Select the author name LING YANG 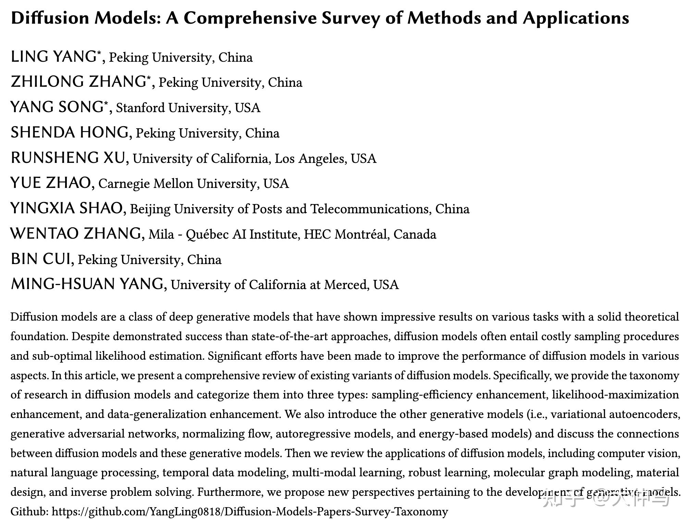coord(53,57)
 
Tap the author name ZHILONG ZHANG coord(78,82)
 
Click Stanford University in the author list coord(171,108)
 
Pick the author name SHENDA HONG coord(70,133)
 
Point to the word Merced coord(346,285)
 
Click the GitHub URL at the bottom coord(250,512)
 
